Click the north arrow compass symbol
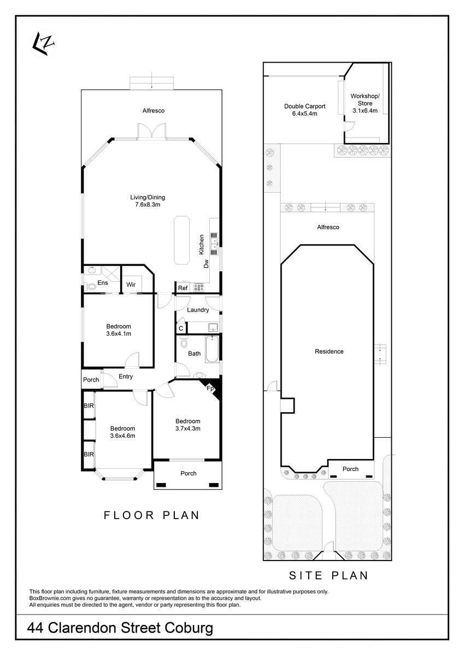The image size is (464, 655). pos(43,44)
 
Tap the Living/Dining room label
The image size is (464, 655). pos(148,198)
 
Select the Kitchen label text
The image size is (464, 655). pos(202,245)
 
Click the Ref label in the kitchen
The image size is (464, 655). pos(183,288)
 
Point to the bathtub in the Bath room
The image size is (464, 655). pos(212,349)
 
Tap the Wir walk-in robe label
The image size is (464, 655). pos(131,284)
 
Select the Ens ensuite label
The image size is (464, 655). pos(103,283)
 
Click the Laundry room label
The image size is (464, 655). pos(198,310)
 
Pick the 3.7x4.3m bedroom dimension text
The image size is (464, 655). pos(188,428)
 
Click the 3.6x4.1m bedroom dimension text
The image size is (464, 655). pos(119,334)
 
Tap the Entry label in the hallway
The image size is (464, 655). pos(126,377)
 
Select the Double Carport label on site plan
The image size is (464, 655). pos(305,106)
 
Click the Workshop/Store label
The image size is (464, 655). pos(365,99)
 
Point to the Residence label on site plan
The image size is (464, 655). pos(329,352)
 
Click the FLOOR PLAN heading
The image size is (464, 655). pos(151,515)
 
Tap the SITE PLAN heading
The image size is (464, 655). pos(328,575)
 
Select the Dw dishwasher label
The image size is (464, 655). pos(207,264)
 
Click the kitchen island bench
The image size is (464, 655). pos(181,240)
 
